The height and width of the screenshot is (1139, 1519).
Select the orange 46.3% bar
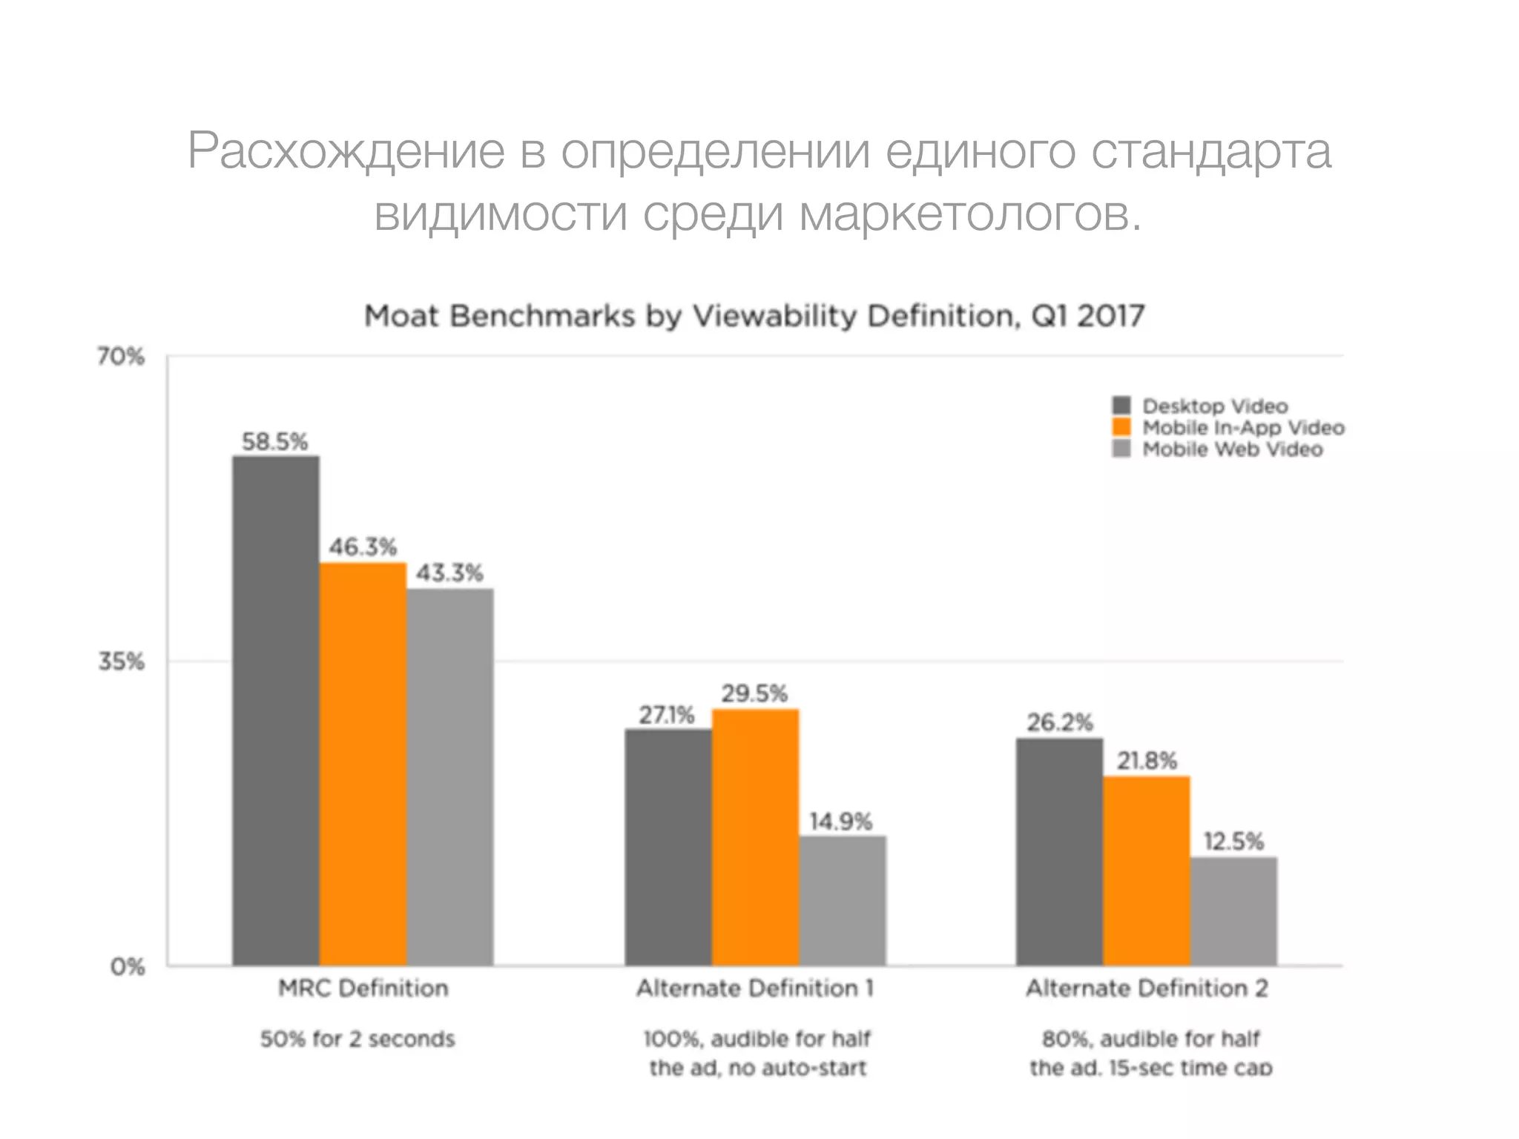363,764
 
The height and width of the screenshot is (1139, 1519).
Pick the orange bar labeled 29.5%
755,837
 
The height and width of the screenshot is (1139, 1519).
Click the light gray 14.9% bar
842,900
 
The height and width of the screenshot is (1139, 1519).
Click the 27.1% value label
667,715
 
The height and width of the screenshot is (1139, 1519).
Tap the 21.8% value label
1147,761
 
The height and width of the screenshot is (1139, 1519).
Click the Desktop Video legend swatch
1121,406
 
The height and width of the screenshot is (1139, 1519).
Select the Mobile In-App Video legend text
1243,428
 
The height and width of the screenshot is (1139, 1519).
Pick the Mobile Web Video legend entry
1232,449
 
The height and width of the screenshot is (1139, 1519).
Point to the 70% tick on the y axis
120,357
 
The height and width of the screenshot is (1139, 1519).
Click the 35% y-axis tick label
121,661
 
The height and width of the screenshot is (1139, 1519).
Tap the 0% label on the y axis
127,967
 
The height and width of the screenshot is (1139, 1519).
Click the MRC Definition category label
363,988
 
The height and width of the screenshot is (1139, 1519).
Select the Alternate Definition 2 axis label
1147,988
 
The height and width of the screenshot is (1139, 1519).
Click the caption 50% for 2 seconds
357,1039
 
